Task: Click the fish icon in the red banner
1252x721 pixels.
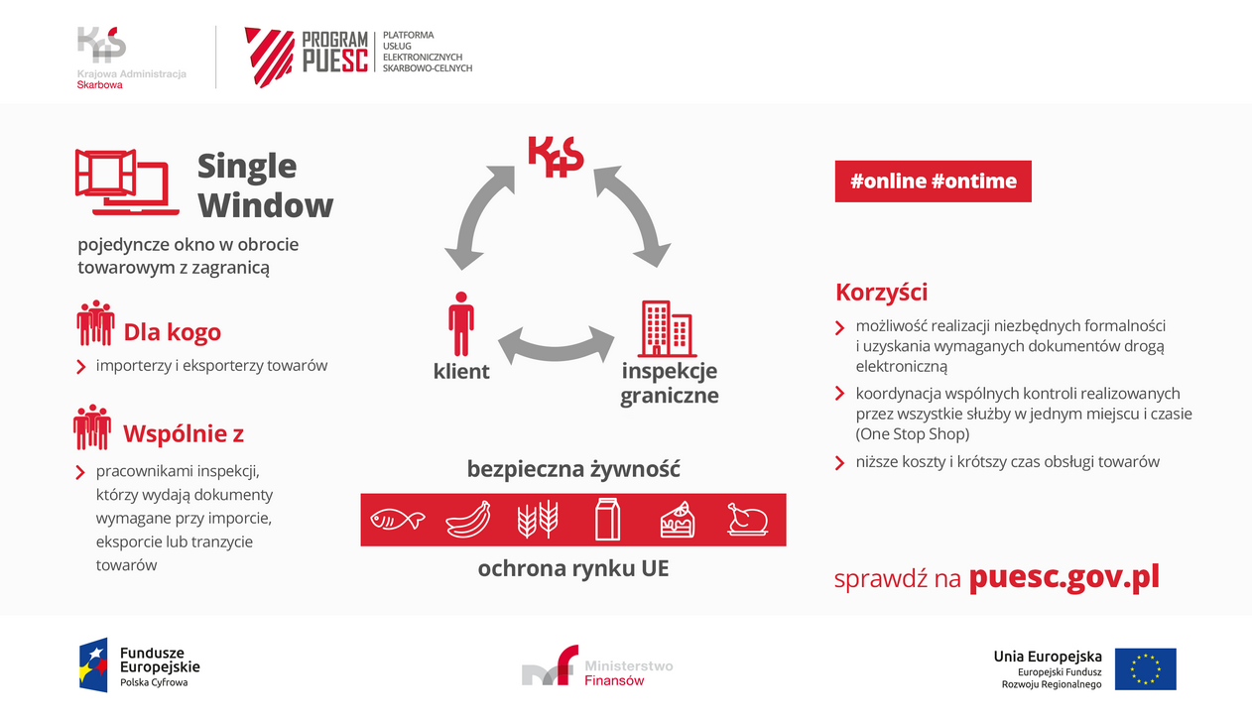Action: pyautogui.click(x=397, y=519)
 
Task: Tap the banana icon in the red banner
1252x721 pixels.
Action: pyautogui.click(x=468, y=519)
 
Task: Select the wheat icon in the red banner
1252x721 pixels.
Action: pyautogui.click(x=538, y=519)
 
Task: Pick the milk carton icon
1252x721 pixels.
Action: pyautogui.click(x=607, y=519)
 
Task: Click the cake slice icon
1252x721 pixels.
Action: pyautogui.click(x=678, y=519)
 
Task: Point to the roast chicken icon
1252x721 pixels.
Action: pyautogui.click(x=747, y=519)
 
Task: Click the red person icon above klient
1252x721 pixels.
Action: pyautogui.click(x=460, y=323)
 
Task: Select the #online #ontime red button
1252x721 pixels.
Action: pyautogui.click(x=933, y=181)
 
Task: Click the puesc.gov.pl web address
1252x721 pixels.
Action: pyautogui.click(x=1064, y=577)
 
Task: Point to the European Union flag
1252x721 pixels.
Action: pyautogui.click(x=1145, y=668)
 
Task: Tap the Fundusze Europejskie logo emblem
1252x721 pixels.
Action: pyautogui.click(x=94, y=664)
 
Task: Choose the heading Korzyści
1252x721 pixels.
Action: pyautogui.click(x=881, y=293)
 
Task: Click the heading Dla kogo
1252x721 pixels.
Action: pyautogui.click(x=172, y=332)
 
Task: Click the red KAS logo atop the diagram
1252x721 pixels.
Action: pyautogui.click(x=555, y=157)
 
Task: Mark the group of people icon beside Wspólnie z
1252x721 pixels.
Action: pyautogui.click(x=92, y=427)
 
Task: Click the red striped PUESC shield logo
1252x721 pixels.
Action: pyautogui.click(x=269, y=56)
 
